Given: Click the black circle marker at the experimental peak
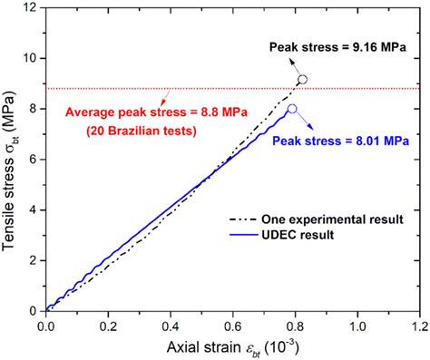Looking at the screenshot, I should click(x=303, y=80).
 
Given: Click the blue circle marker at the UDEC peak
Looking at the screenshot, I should click(x=292, y=109).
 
